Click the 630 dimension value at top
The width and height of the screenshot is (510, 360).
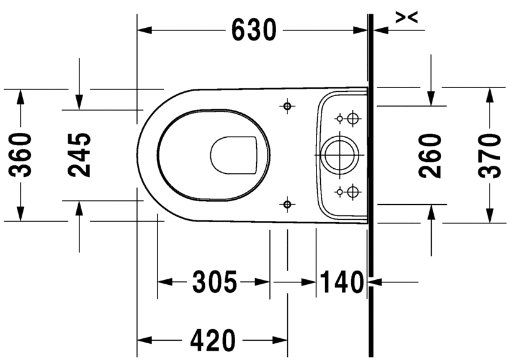click(x=254, y=30)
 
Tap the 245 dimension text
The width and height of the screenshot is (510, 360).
click(x=79, y=155)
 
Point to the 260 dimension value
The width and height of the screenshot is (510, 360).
click(x=431, y=156)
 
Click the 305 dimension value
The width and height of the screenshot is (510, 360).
click(x=214, y=283)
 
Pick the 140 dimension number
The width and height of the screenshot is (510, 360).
click(x=341, y=283)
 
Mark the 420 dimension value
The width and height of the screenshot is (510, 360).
click(x=213, y=340)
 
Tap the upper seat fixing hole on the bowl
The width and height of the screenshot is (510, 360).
click(x=287, y=107)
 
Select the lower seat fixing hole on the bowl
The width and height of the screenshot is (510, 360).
click(x=287, y=204)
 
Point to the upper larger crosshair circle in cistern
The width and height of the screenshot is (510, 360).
click(x=353, y=117)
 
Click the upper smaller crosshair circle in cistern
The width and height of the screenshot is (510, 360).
click(x=339, y=117)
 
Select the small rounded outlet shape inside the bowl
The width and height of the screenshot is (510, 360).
click(x=234, y=154)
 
